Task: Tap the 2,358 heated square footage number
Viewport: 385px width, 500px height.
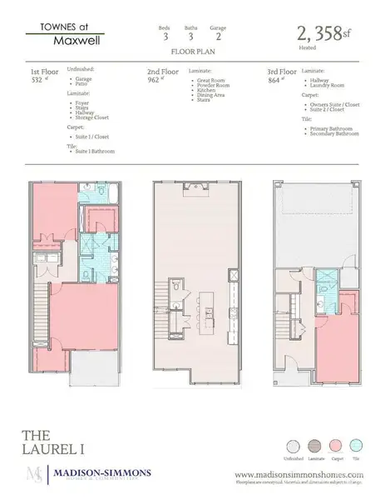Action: [x=319, y=34]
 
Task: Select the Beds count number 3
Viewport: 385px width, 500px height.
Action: [x=164, y=36]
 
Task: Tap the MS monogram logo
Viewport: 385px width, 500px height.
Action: [x=34, y=476]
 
